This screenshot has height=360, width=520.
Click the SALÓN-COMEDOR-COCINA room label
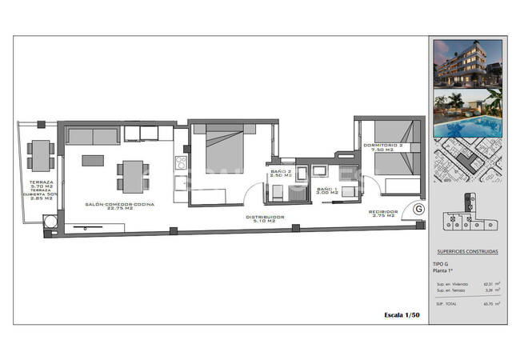120,205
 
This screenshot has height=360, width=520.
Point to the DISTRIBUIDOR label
265,217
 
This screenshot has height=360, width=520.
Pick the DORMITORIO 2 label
382,147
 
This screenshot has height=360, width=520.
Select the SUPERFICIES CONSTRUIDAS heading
468,252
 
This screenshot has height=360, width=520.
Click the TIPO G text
441,264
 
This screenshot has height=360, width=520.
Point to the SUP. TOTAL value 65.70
487,304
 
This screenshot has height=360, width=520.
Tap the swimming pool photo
468,115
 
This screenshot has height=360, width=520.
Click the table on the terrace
40,155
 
